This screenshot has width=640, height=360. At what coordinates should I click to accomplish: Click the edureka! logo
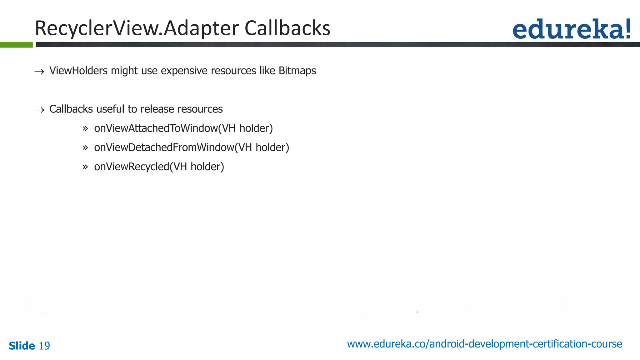(x=571, y=29)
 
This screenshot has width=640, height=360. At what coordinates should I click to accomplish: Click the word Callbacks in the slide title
(x=287, y=28)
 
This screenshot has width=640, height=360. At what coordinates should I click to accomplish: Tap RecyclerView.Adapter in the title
(x=137, y=28)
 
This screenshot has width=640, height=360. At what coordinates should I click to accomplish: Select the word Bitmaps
(x=297, y=71)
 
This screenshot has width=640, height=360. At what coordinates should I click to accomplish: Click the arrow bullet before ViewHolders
(x=39, y=72)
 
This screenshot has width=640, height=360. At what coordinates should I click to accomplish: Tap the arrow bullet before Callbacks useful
(x=39, y=110)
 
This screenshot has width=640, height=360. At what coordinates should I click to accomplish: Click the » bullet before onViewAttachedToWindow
(x=85, y=129)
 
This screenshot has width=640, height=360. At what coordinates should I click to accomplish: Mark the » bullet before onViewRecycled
(x=85, y=167)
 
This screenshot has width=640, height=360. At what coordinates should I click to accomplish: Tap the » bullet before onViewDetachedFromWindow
(x=85, y=148)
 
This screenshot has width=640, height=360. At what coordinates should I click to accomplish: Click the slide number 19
(x=44, y=346)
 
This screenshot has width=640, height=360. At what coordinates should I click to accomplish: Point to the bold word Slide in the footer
(x=22, y=346)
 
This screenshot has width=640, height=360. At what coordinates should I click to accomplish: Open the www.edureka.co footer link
(x=484, y=344)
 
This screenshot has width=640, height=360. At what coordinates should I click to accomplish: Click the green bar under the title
(x=16, y=45)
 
